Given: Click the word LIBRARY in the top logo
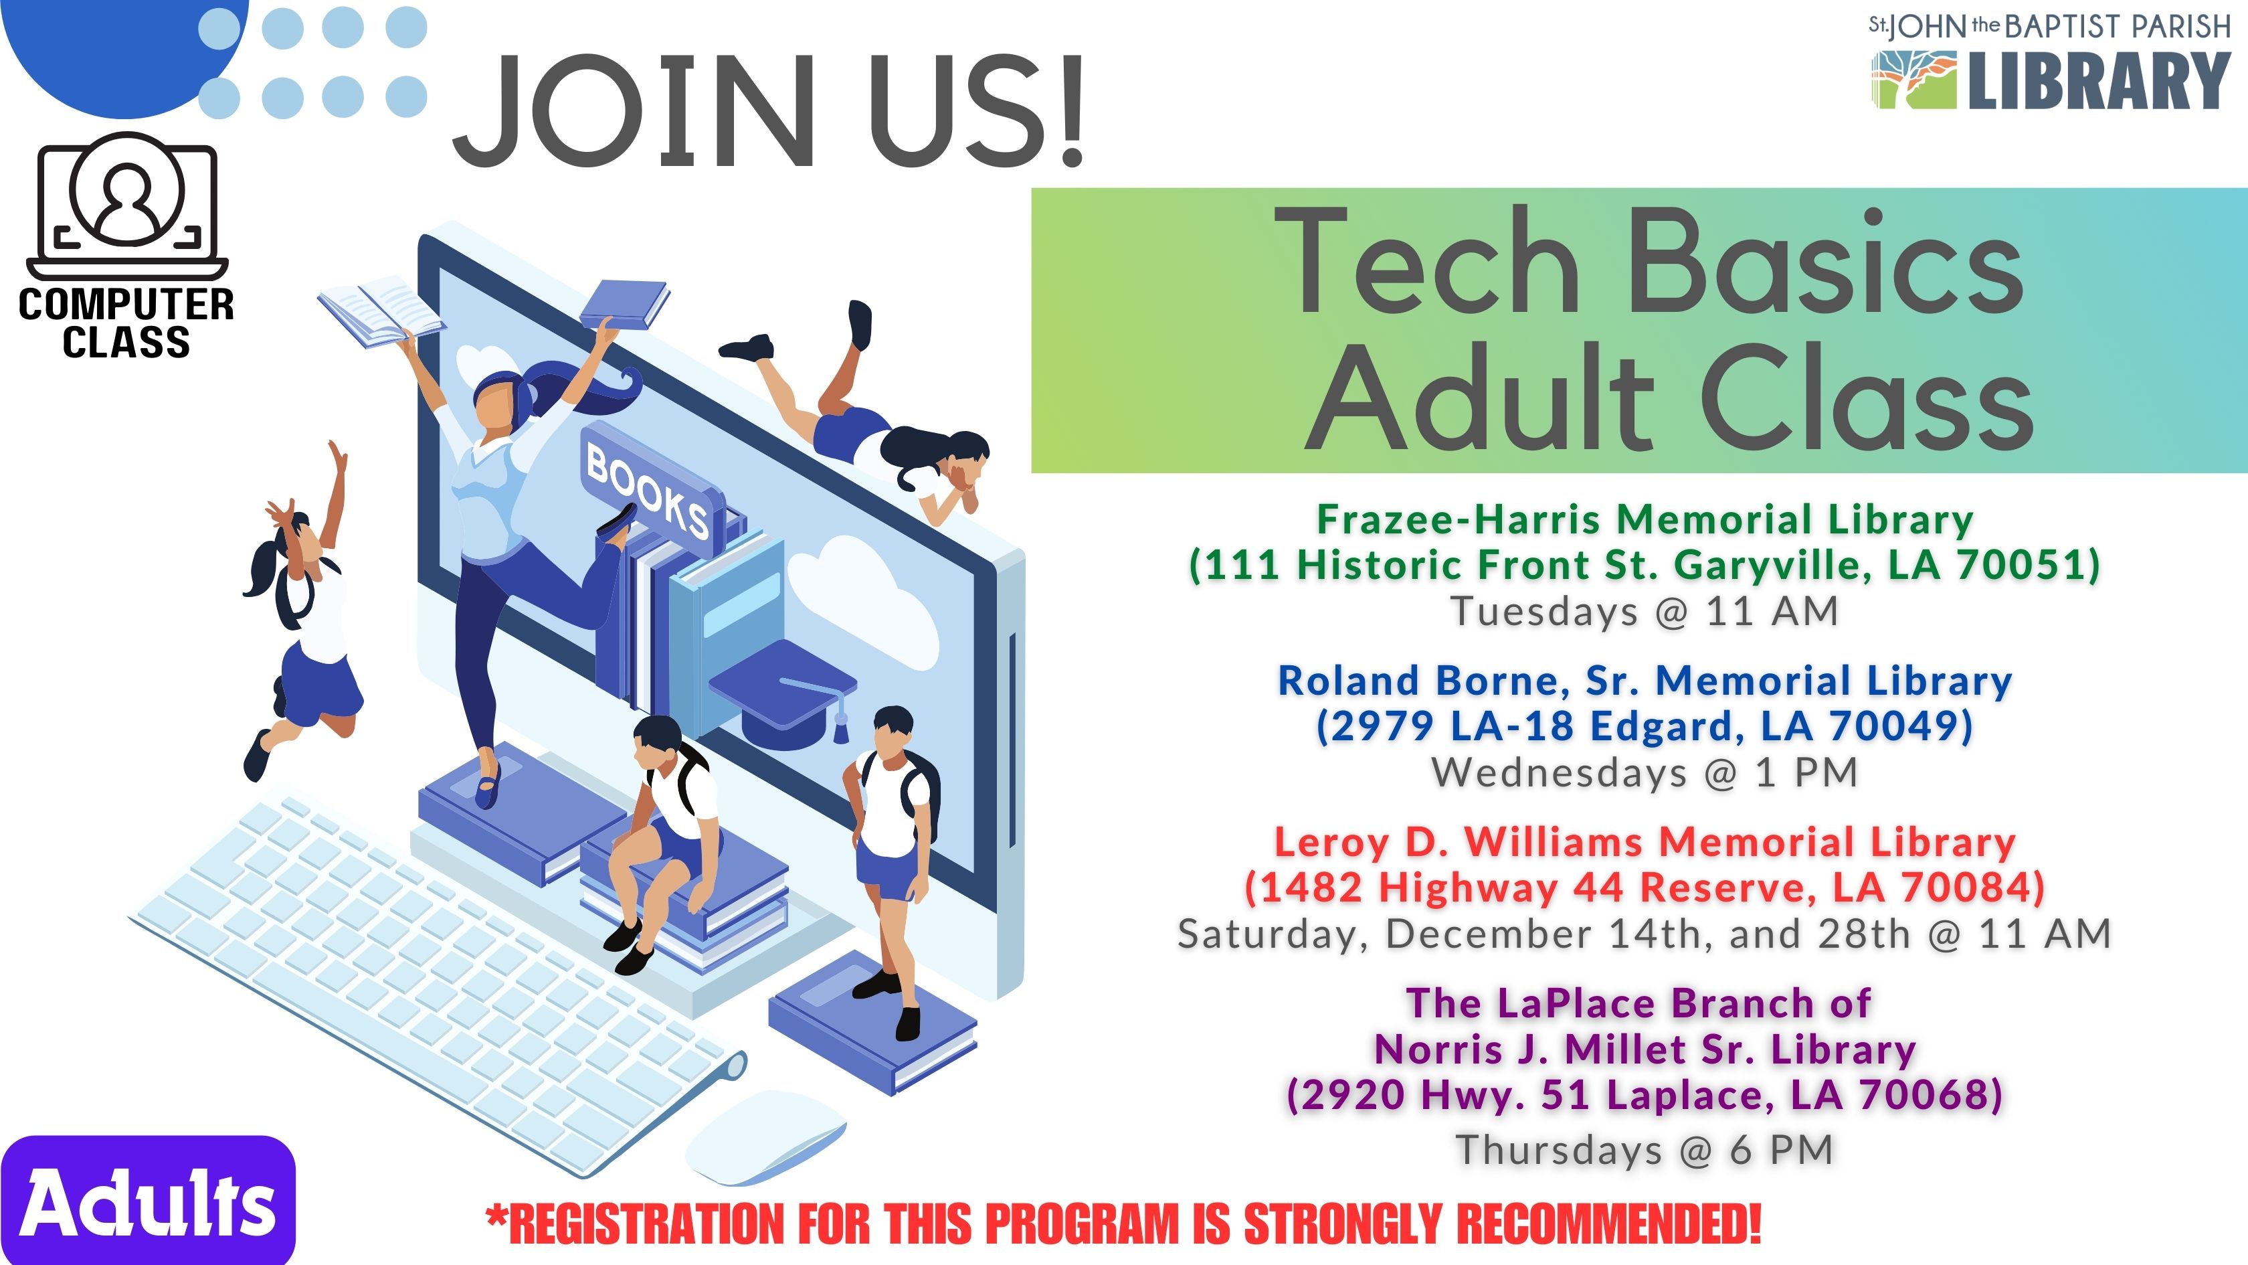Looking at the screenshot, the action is [x=2099, y=80].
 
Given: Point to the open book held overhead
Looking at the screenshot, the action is [x=381, y=313].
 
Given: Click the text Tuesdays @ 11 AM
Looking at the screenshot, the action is [x=1644, y=611].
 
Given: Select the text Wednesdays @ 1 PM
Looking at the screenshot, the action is [x=1644, y=772].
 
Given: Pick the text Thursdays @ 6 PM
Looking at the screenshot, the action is [x=1644, y=1150].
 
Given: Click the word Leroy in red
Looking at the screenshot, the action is [x=1331, y=843].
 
